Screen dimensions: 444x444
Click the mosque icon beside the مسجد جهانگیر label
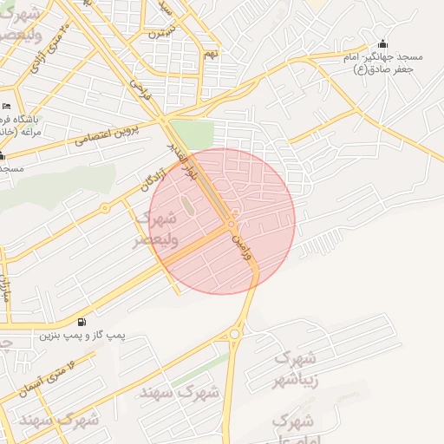(383, 45)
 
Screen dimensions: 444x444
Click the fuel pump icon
(82, 321)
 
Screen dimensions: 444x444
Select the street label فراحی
(140, 89)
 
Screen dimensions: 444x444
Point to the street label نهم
(210, 54)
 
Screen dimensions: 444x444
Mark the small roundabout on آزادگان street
(105, 208)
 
